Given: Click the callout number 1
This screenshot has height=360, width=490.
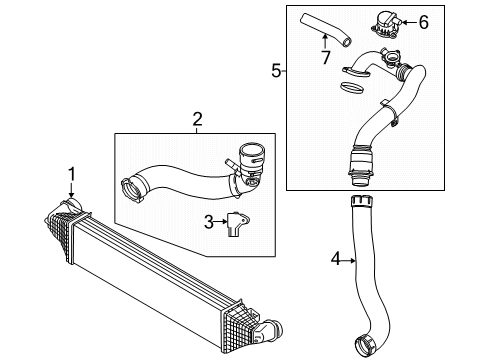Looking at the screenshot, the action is click(x=72, y=175).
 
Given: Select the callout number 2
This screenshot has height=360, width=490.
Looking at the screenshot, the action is click(x=197, y=119).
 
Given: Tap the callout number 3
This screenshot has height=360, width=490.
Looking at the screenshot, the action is click(x=209, y=222).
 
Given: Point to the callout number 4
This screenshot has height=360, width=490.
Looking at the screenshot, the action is click(x=336, y=259).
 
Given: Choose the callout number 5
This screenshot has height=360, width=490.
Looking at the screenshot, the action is click(x=276, y=71).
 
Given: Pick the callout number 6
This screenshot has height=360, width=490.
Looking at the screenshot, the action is click(x=423, y=23).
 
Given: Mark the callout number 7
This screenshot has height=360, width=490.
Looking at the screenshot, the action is click(x=326, y=57).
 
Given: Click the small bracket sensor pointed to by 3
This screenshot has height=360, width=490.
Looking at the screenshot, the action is click(x=238, y=224).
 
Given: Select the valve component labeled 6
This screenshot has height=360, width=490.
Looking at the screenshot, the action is click(x=386, y=23).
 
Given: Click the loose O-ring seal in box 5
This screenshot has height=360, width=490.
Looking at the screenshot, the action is click(x=352, y=88).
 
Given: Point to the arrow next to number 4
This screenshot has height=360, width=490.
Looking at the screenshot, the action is click(x=349, y=261).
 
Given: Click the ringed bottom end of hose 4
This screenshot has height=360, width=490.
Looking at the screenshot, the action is click(x=365, y=346).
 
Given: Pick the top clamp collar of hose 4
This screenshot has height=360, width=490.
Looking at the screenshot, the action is click(x=361, y=202).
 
